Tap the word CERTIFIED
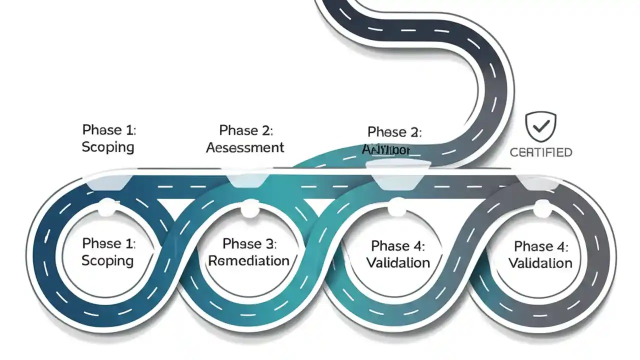540,152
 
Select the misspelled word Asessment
245,147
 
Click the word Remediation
249,260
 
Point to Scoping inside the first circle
108,260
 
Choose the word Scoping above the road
108,147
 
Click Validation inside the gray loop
540,263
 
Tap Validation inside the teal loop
398,262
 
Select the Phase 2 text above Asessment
246,130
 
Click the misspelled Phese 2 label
394,132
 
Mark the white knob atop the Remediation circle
249,209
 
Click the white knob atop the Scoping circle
106,206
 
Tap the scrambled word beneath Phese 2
386,149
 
